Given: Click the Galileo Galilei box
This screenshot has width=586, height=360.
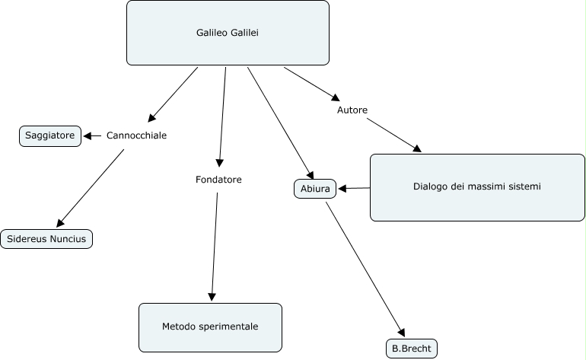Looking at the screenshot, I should tap(228, 33).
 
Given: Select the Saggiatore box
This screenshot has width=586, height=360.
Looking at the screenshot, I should tap(49, 135).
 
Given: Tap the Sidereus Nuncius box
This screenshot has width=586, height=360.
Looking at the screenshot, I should tap(47, 238).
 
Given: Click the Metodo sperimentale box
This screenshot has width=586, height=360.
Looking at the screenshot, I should tap(210, 327).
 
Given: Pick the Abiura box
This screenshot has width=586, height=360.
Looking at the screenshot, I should tap(314, 188).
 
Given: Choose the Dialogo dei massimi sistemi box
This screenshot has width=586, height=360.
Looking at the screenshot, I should tap(477, 187).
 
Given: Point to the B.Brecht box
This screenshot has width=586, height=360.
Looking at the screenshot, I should tap(412, 349).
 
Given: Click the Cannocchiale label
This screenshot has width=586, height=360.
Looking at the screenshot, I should tap(136, 135).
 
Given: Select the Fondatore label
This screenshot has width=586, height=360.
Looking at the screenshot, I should tap(218, 180).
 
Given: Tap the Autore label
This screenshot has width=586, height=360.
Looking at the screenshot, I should tap(352, 110).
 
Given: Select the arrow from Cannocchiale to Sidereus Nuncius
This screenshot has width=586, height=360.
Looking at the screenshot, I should tap(90, 187).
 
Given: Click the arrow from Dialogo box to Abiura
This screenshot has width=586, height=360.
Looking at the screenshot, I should tap(354, 188).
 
